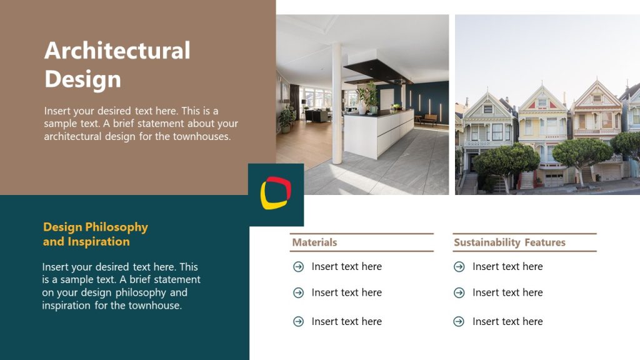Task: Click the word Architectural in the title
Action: (117, 51)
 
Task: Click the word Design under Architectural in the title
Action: (82, 79)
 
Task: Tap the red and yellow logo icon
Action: (276, 192)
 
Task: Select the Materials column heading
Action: (314, 242)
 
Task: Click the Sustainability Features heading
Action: (509, 242)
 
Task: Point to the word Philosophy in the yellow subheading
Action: (116, 227)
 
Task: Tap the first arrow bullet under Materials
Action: (299, 267)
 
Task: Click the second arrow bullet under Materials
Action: (299, 292)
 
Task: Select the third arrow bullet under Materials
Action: (299, 321)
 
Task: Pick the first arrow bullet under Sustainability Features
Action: (459, 267)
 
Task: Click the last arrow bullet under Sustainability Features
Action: (459, 321)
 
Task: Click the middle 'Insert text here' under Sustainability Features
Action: (507, 292)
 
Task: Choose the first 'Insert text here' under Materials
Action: (346, 267)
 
